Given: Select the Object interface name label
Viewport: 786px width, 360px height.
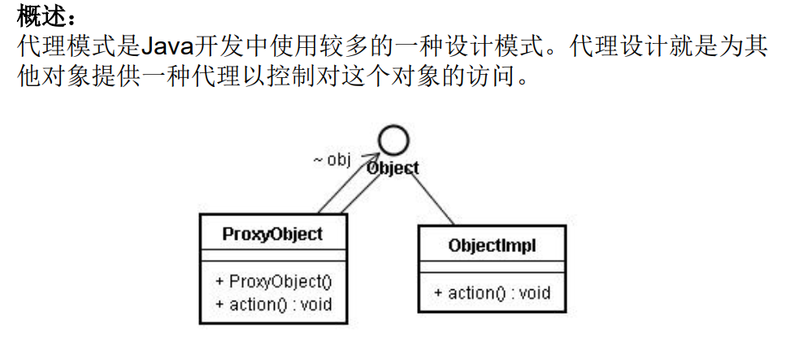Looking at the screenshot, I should point(393,168).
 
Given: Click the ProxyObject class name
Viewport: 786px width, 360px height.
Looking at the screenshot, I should point(272,235).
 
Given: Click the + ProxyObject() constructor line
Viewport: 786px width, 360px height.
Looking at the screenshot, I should point(274,281).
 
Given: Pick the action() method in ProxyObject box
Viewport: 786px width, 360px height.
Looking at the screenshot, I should point(274,305).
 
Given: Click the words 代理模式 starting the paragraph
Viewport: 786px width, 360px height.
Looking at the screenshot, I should point(59,46).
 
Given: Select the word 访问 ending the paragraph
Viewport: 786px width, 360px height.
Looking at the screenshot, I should point(497,77).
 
